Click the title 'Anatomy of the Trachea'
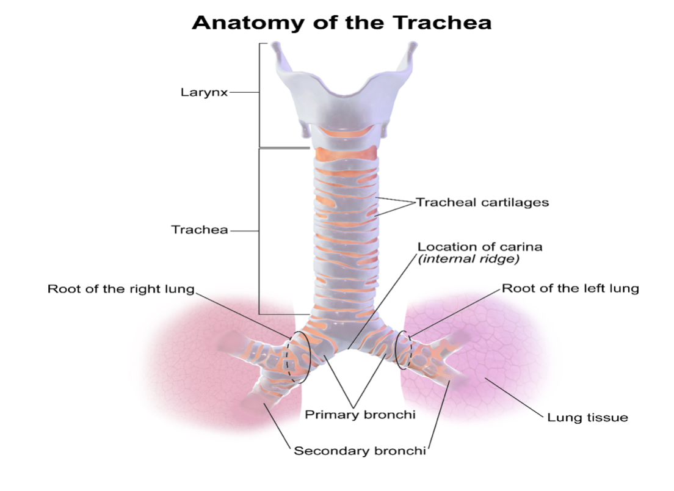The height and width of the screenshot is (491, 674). point(341,23)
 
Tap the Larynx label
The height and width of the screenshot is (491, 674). point(204,93)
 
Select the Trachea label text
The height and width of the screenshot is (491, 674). point(199,230)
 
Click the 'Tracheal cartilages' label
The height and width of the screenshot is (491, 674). point(482,202)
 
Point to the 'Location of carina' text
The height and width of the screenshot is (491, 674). point(480,247)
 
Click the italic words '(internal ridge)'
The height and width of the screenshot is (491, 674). point(468,259)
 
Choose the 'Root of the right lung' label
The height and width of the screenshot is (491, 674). point(121,289)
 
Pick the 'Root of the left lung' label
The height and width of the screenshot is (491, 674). point(570,288)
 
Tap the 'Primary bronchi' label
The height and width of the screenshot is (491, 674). point(360,415)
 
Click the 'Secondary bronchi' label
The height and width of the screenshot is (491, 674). point(360,451)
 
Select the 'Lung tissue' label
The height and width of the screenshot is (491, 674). point(587,418)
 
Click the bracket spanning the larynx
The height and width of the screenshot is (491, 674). point(259,95)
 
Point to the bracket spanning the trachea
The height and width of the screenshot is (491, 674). point(259,231)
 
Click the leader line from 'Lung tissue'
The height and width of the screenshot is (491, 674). point(513,398)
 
